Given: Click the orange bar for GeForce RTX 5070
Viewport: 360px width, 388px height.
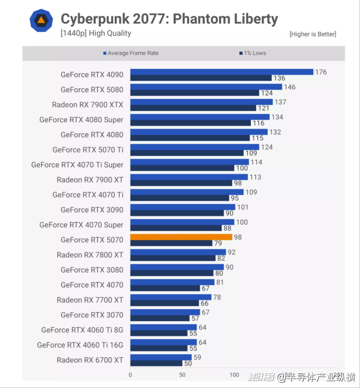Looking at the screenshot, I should tap(181, 237).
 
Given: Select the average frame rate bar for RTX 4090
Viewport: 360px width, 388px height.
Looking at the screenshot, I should tap(221, 72).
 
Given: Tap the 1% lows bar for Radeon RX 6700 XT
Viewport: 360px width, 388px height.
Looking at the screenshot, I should tap(156, 363).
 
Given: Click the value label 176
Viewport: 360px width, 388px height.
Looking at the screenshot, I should tap(321, 72).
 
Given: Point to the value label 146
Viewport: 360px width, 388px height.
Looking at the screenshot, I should tap(290, 87).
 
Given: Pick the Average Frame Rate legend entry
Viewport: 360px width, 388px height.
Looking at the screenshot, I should tap(133, 53).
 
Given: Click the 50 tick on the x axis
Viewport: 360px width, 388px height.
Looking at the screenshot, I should tap(183, 374).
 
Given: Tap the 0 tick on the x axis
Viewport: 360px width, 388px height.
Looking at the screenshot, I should tap(130, 374).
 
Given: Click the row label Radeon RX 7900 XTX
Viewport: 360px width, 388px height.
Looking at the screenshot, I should tap(88, 105).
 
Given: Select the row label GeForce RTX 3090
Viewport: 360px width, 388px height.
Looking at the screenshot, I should tap(92, 210).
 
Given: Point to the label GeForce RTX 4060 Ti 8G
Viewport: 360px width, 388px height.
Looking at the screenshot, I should tap(82, 330).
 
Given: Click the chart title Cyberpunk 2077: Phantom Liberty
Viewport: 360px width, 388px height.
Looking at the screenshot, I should tap(169, 19).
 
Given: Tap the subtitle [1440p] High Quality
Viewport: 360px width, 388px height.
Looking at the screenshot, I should tap(96, 33).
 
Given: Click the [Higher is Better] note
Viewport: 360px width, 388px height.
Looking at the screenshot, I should tap(313, 34).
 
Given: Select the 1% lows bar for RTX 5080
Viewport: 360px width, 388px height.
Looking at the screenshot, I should tap(195, 93).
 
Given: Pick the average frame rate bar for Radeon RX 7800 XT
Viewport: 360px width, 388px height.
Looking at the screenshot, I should tap(178, 252).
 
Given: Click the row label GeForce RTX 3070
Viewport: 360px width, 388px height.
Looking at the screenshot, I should tap(92, 314).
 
